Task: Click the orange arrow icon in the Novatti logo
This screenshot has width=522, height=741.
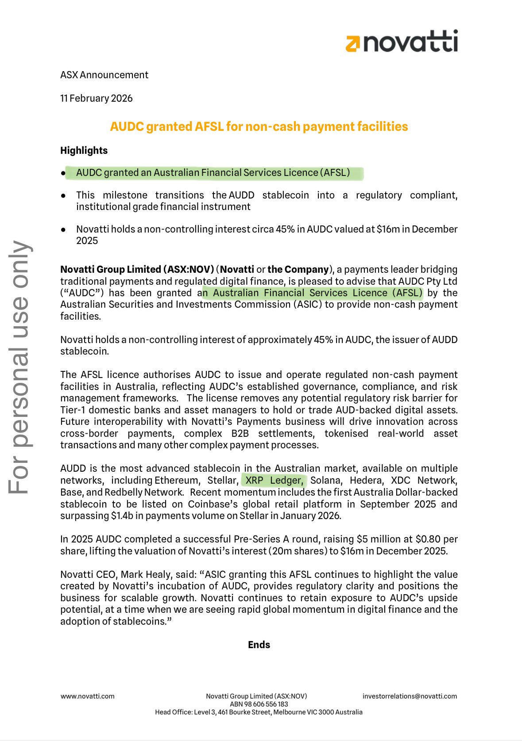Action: coord(353,44)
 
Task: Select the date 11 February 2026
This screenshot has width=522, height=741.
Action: coord(97,98)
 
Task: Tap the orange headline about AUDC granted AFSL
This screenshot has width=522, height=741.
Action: coord(259,126)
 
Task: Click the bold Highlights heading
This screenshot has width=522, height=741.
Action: coord(84,150)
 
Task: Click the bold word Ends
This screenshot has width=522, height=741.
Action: coord(259,645)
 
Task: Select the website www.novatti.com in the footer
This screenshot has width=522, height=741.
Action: coord(88,696)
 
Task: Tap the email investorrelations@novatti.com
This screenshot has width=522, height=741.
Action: coord(410,696)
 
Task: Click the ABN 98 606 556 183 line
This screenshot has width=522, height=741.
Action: coord(259,704)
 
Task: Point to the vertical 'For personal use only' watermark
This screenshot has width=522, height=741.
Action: coord(20,367)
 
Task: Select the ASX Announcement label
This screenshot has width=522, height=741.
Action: coord(104,75)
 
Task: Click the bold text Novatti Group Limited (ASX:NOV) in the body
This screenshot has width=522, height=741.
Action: coord(137,269)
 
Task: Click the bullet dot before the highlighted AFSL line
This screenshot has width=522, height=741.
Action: coord(63,173)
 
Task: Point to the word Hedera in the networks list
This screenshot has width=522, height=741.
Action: coord(366,481)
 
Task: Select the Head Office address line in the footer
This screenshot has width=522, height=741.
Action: coord(259,712)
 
